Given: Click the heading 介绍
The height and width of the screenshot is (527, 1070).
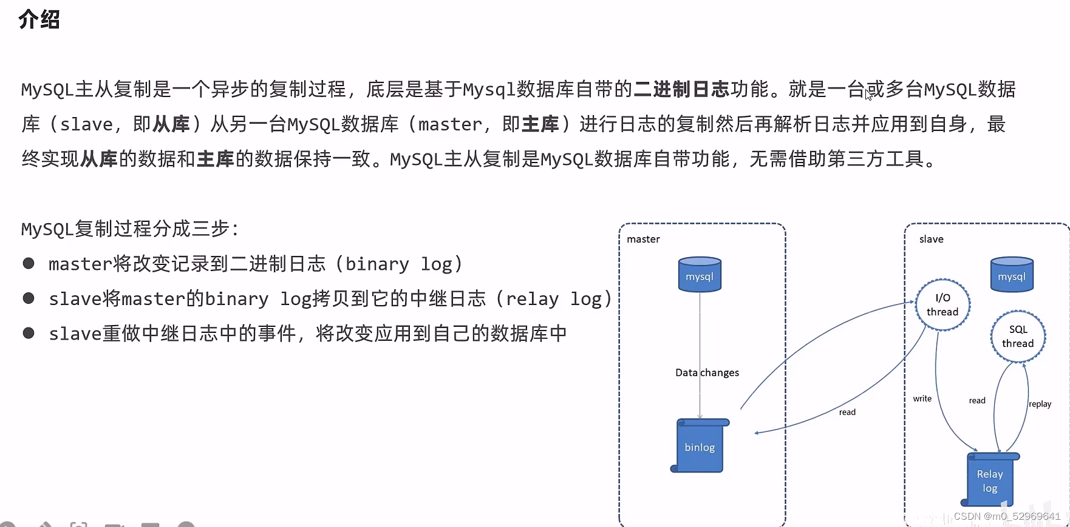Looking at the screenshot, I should [39, 19].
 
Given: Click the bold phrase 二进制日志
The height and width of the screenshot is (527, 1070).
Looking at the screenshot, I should [681, 89].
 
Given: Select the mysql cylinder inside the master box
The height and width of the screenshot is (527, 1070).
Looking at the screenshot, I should [700, 275].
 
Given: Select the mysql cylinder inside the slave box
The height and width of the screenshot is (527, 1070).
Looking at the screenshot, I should [1012, 275].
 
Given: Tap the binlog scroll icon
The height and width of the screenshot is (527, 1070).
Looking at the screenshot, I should [700, 446].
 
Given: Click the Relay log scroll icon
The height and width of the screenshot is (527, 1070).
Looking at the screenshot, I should [990, 480].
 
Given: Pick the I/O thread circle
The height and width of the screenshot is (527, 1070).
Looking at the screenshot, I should [942, 305].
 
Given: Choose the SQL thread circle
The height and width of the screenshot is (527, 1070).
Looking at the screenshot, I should [1018, 337].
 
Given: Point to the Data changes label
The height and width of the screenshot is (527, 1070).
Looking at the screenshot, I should [707, 372].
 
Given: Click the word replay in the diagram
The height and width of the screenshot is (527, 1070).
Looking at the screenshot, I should [1040, 404].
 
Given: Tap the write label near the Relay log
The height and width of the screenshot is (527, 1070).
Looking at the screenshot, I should [922, 398].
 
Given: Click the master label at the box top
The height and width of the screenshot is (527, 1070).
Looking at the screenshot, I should [643, 240].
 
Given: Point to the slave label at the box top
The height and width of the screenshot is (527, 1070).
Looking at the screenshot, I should [931, 240].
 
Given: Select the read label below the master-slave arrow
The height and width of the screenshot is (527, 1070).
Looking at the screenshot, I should [847, 412].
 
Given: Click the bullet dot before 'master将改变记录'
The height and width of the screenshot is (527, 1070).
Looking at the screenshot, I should [29, 263].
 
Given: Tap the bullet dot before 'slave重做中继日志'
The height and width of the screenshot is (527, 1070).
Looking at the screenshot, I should [29, 333].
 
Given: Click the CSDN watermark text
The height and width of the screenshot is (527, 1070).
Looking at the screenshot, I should [1007, 517].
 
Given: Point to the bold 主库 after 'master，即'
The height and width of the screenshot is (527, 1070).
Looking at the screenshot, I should [540, 124].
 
